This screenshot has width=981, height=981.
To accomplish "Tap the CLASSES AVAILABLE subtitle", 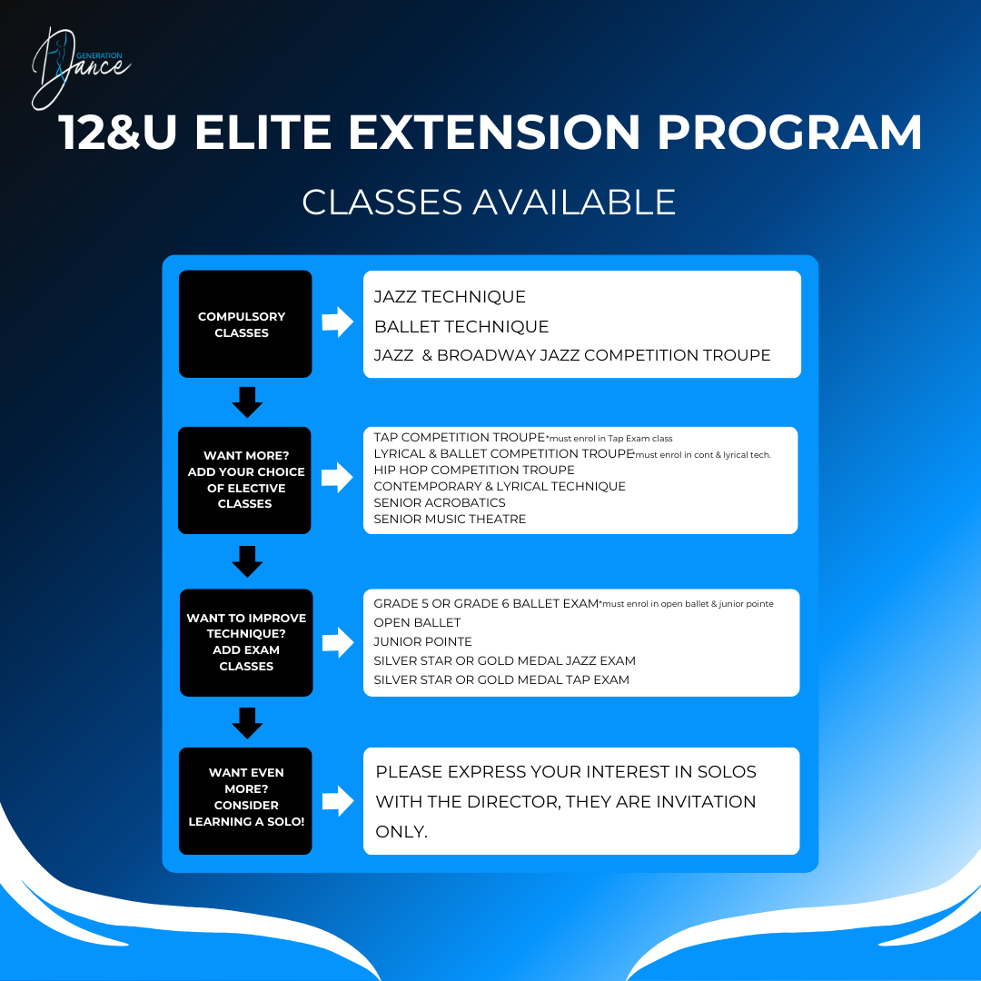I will click(x=489, y=202).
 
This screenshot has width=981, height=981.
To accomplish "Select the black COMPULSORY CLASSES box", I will click(x=245, y=324).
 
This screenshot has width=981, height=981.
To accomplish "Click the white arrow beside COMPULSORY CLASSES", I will click(x=337, y=322).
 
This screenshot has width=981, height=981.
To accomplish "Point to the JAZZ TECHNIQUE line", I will click(x=450, y=297).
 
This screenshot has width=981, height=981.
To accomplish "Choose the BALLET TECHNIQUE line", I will click(x=461, y=326).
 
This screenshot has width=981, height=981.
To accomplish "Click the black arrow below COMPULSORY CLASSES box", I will click(x=246, y=401).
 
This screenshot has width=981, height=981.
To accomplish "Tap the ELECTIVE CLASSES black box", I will click(x=245, y=480).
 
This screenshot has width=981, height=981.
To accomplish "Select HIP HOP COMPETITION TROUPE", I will click(x=474, y=470).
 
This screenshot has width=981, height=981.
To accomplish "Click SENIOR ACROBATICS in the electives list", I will click(x=440, y=502).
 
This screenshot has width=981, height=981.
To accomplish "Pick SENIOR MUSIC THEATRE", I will click(x=450, y=519).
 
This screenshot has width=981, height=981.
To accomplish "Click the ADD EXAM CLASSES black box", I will click(x=246, y=642).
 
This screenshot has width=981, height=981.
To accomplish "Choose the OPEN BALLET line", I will click(x=417, y=622).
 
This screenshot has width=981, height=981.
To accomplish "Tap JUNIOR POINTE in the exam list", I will click(x=422, y=641).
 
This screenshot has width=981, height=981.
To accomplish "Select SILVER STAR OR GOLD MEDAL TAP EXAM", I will click(x=501, y=679).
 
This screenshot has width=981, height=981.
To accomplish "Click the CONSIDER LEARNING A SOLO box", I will click(x=245, y=800).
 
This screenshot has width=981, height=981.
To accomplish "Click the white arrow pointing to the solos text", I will click(x=337, y=800).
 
